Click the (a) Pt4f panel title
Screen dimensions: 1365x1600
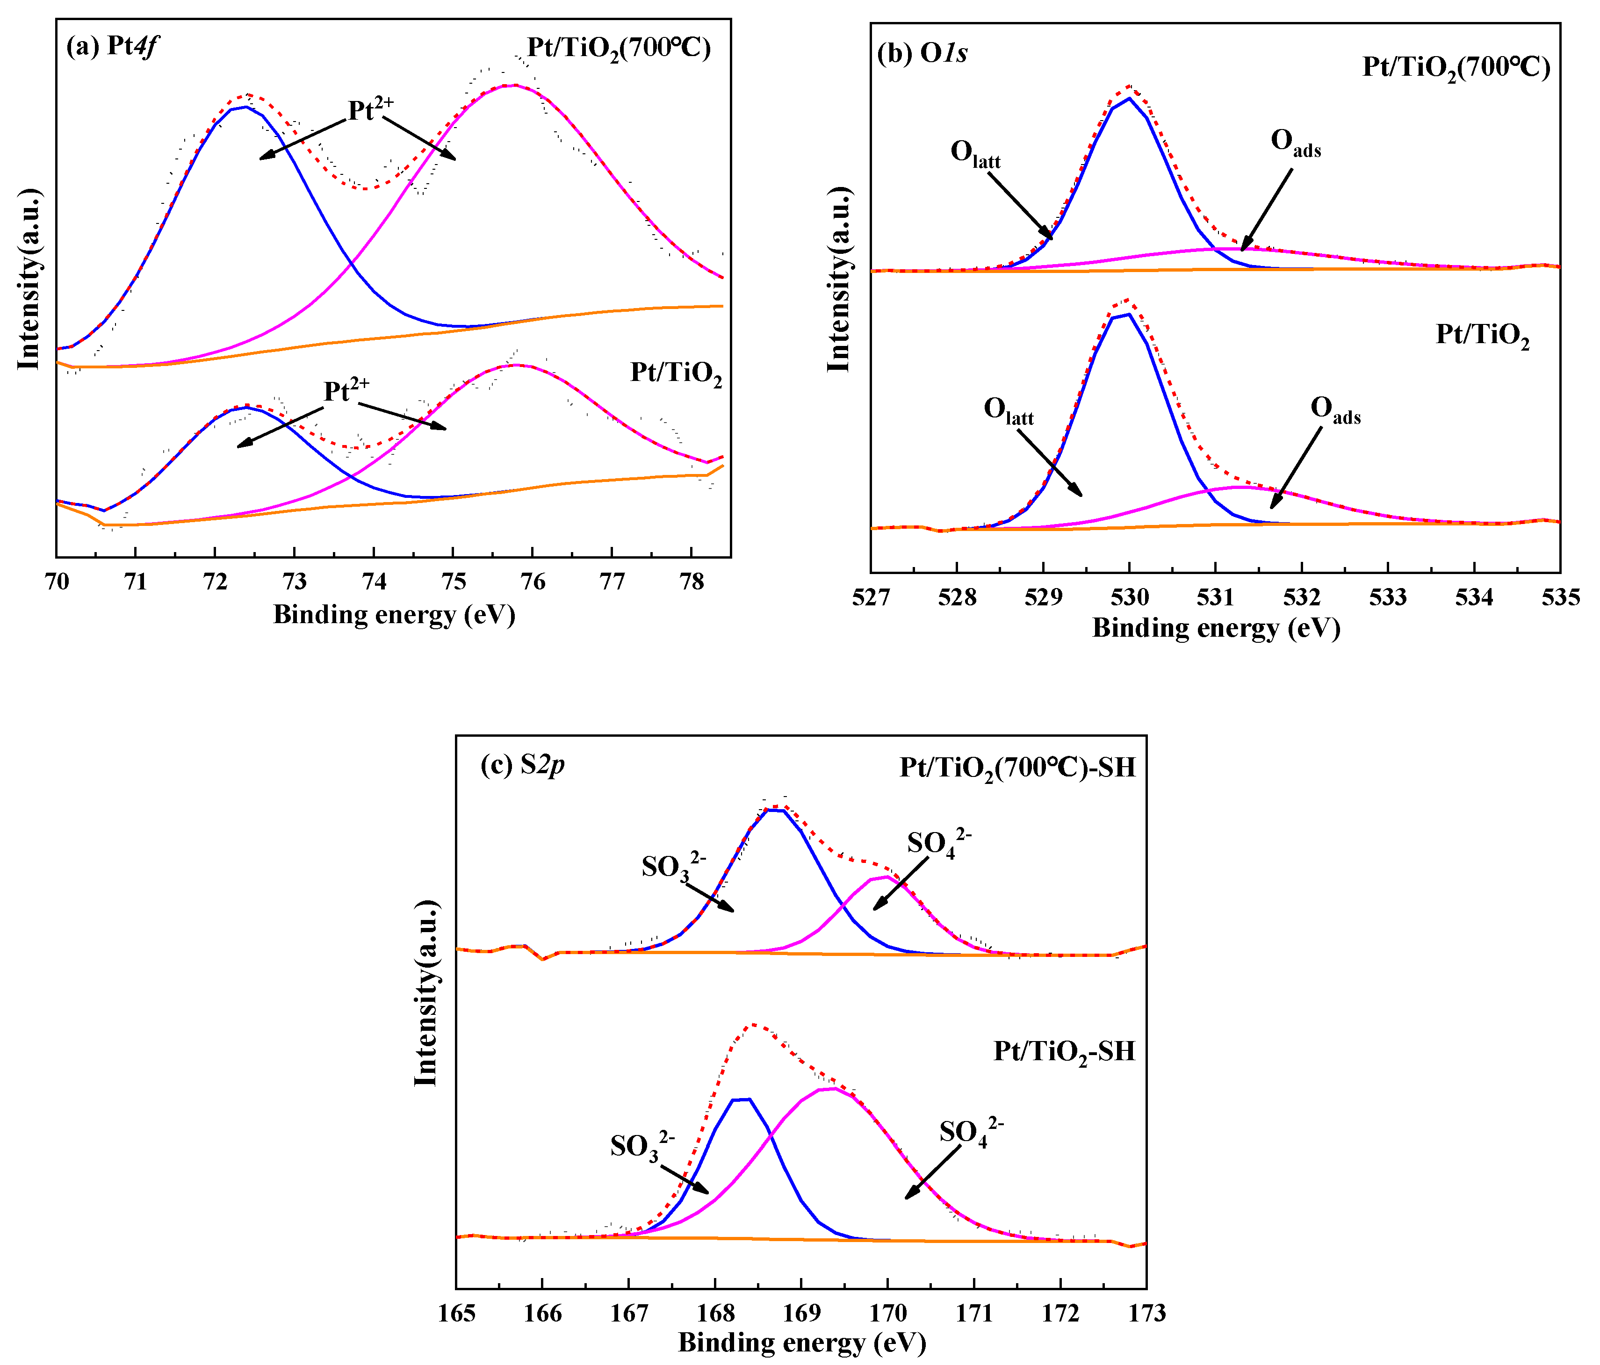(113, 46)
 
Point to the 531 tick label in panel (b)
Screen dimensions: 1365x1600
(1216, 597)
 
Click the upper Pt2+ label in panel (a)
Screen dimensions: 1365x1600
(371, 109)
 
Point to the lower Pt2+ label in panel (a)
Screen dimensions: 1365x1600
(346, 390)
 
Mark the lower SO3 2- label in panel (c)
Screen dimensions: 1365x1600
(641, 1146)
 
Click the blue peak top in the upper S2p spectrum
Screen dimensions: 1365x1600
(774, 810)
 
